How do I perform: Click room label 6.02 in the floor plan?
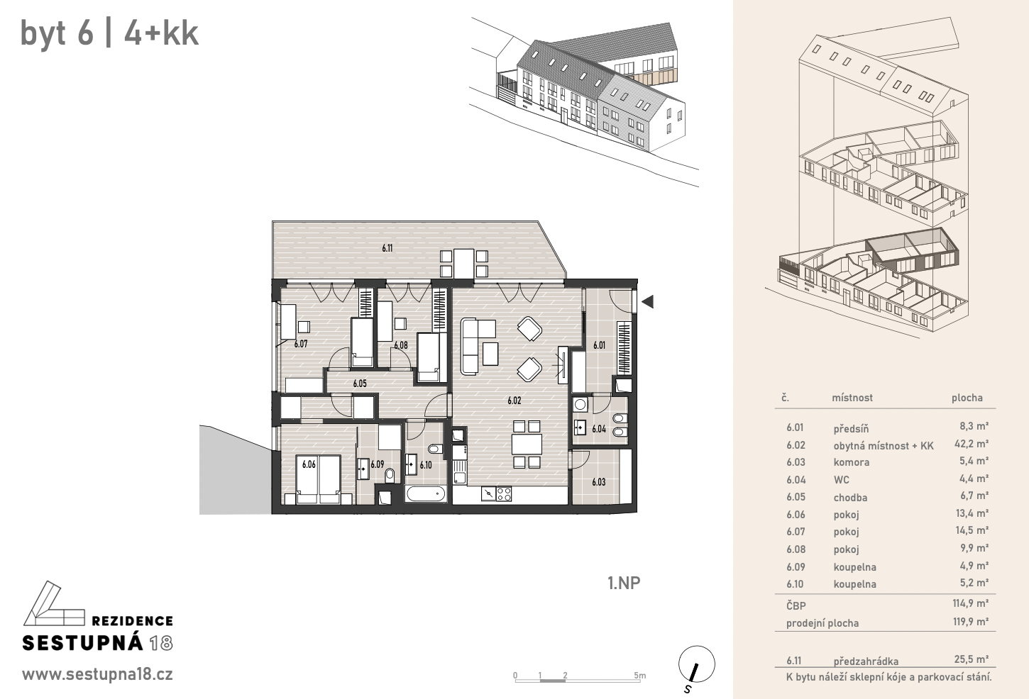click(x=514, y=401)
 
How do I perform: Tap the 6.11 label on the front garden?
click(x=387, y=248)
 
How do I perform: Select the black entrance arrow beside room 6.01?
click(x=647, y=301)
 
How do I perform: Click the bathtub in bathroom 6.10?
click(x=426, y=494)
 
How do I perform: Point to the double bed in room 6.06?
click(x=319, y=480)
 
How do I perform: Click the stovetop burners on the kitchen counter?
click(x=504, y=493)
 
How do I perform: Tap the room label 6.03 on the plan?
click(x=598, y=482)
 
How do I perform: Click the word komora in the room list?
click(x=851, y=462)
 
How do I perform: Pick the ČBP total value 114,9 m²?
click(x=970, y=603)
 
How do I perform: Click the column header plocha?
click(x=967, y=398)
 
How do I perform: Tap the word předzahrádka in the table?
click(x=866, y=661)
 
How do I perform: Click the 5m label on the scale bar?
click(x=640, y=675)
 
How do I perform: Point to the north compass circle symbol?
click(x=696, y=664)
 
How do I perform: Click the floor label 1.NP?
click(x=624, y=583)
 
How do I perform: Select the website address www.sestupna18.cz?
click(x=97, y=675)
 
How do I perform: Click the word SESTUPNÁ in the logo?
click(x=83, y=643)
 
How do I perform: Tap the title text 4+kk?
click(x=161, y=33)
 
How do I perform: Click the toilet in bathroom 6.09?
click(x=390, y=476)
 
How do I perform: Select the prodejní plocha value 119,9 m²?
click(x=970, y=622)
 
